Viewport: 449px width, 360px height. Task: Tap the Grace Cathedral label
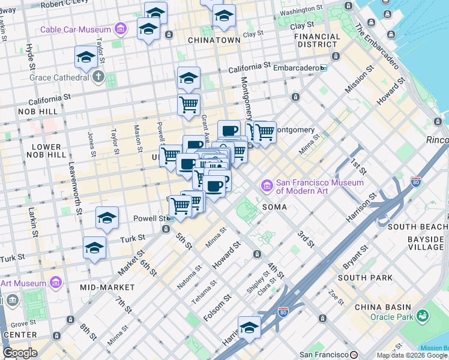click(59, 77)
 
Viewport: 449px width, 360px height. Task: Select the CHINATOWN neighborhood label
click(214, 40)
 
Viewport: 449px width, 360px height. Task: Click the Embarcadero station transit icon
click(324, 68)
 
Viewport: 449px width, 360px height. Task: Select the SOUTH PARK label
click(365, 278)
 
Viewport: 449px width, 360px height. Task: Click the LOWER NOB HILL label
click(46, 151)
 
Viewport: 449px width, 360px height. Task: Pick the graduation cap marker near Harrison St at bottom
click(249, 328)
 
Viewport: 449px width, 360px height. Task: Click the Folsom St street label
click(218, 307)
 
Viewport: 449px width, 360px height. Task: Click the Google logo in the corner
click(20, 353)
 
